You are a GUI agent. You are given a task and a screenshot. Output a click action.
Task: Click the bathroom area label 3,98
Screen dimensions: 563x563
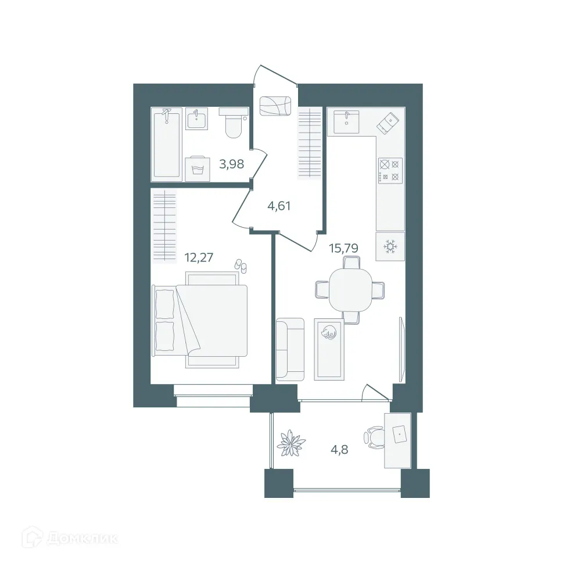(231, 164)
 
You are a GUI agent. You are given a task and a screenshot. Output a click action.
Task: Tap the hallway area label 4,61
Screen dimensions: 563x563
(278, 205)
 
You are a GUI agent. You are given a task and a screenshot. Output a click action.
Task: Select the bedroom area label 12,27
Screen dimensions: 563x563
(199, 257)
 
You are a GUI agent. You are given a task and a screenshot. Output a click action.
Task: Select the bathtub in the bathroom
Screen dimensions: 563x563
(166, 144)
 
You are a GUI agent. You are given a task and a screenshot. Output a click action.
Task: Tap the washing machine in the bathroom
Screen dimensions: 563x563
(197, 168)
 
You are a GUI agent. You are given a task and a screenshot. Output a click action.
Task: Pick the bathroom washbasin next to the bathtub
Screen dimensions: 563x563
(197, 119)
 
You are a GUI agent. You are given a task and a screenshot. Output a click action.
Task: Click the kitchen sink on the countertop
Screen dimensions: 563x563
(346, 121)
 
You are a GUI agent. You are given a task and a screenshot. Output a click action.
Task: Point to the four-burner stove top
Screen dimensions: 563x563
(390, 170)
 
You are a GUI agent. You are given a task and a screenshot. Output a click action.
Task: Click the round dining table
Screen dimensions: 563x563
(350, 289)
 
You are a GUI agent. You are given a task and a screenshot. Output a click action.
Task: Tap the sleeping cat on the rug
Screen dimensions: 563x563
(329, 333)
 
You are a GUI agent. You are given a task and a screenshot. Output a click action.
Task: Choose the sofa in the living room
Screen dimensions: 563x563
(290, 350)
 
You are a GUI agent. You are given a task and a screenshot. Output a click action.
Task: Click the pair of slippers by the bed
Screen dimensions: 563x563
(241, 266)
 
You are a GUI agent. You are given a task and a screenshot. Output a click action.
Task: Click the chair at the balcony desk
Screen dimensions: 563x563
(374, 438)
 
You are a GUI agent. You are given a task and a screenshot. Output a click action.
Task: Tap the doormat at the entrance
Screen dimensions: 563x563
(275, 106)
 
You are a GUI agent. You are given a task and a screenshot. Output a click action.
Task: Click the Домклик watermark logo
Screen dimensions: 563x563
(69, 538)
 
